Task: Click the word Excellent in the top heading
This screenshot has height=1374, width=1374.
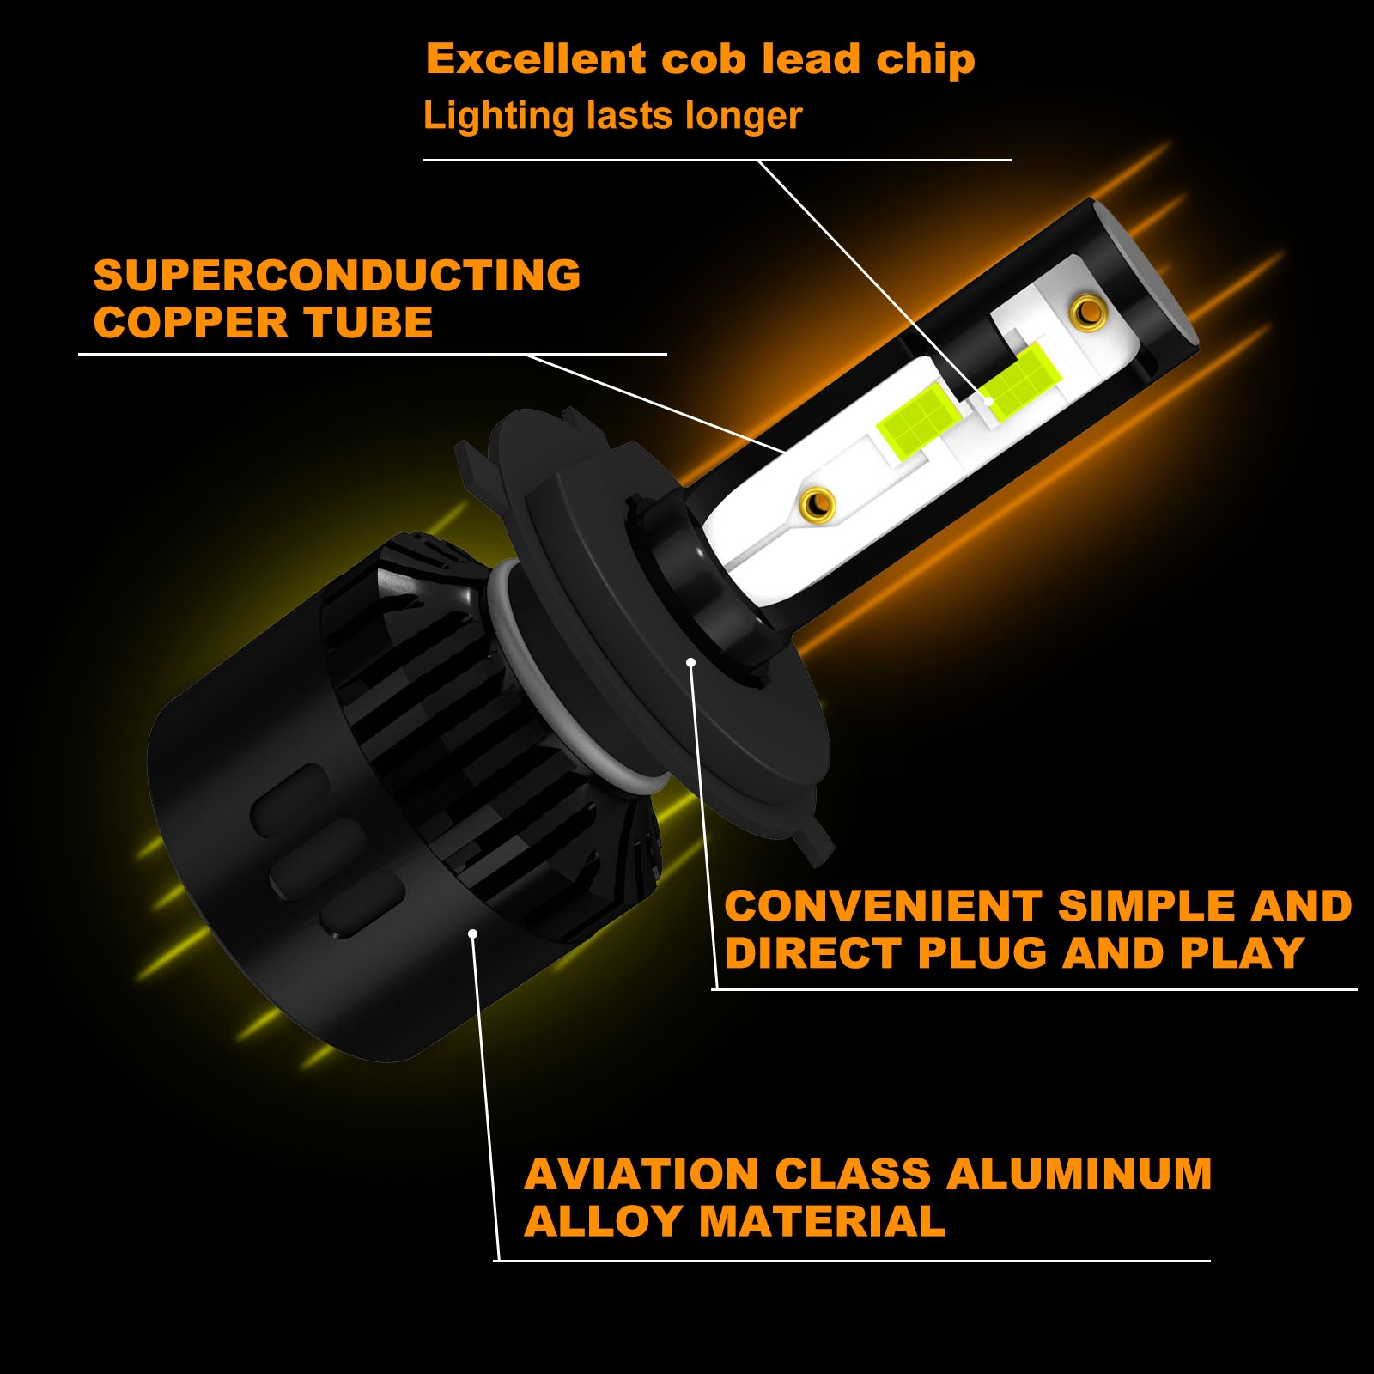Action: pos(536,59)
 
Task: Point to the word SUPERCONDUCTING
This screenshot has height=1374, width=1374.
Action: pos(337,276)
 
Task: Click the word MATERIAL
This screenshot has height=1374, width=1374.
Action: pos(823,1221)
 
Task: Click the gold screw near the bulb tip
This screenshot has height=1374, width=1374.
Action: pos(1088,311)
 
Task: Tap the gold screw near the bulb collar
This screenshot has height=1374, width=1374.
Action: pos(817,504)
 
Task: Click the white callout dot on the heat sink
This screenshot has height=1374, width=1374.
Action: pos(472,934)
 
